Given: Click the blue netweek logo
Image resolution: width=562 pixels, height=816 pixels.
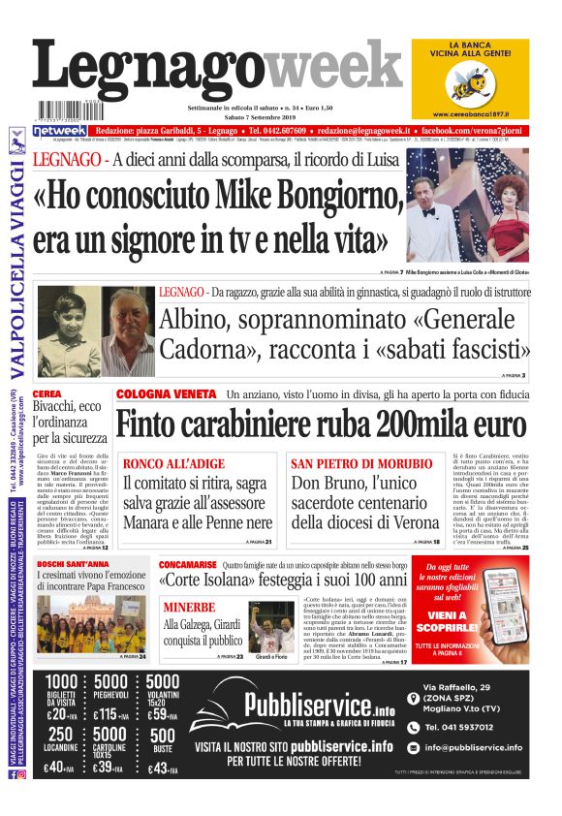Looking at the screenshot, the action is click(x=59, y=130).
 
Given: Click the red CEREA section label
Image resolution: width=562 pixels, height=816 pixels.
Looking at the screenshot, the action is click(x=46, y=394).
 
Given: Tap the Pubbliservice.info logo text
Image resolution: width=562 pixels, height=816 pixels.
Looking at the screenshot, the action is click(x=306, y=704).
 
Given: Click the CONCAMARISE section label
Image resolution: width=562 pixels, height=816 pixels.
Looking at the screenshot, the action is click(x=189, y=564).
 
